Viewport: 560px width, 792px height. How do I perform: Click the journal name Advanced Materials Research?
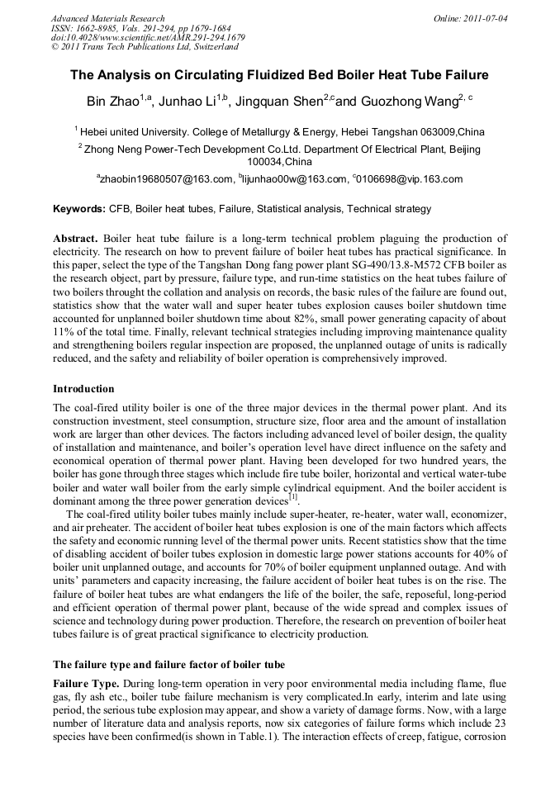pyautogui.click(x=107, y=18)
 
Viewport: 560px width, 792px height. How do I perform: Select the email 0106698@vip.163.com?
pyautogui.click(x=410, y=179)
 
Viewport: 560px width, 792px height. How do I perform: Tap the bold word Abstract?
pyautogui.click(x=75, y=237)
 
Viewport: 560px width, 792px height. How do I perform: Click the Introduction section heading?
pyautogui.click(x=83, y=388)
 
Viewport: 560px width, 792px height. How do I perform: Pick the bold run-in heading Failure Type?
pyautogui.click(x=86, y=684)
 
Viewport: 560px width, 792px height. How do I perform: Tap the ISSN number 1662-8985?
pyautogui.click(x=91, y=28)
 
